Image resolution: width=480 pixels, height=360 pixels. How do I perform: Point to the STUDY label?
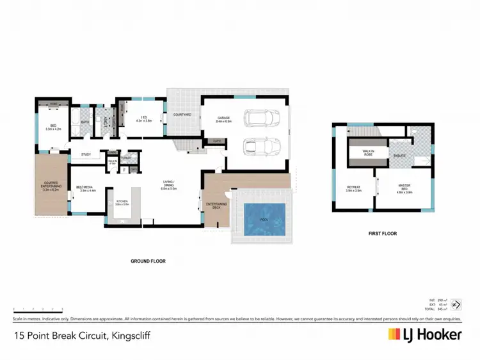tap(86, 154)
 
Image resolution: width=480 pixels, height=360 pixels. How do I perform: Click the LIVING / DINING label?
tap(169, 188)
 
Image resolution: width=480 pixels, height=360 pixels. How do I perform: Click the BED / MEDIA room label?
tap(86, 189)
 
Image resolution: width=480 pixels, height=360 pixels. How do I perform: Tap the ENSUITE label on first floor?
tap(399, 154)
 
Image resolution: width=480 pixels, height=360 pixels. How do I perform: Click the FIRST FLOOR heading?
tap(383, 234)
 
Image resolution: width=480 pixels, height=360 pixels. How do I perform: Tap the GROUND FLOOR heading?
tap(148, 261)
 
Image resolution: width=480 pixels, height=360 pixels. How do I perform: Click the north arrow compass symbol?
tap(456, 306)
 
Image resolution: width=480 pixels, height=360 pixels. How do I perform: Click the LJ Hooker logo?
tap(424, 334)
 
